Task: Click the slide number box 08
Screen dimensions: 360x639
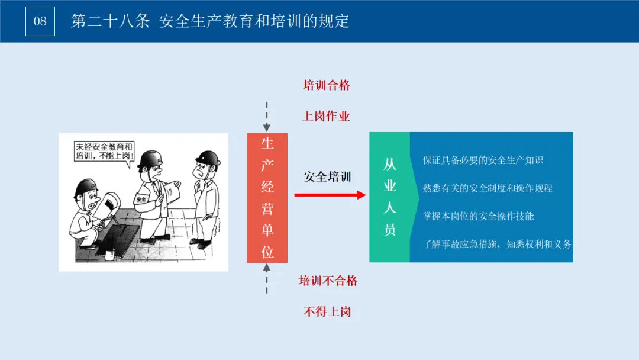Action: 40,21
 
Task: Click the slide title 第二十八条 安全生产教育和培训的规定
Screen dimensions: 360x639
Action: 210,21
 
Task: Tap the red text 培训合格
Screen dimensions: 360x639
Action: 327,85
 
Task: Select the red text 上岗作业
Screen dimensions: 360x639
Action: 327,116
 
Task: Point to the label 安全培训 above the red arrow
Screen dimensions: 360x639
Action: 327,176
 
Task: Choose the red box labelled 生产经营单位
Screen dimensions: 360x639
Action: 267,198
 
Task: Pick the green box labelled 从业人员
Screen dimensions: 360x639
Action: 389,197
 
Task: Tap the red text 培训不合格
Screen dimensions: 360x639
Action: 328,281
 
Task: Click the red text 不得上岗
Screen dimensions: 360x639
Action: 327,311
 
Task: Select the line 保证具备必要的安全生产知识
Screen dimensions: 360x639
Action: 483,160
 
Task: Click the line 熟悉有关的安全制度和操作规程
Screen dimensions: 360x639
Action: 488,188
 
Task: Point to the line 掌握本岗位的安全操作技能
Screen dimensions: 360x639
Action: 478,216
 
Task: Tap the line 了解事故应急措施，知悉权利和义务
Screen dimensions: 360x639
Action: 497,244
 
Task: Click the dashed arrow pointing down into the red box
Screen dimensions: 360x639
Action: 267,116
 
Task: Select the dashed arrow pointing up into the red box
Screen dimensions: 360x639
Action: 267,278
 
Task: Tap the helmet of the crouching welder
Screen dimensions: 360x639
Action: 85,188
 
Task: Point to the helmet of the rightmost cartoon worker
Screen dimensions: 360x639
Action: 208,157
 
